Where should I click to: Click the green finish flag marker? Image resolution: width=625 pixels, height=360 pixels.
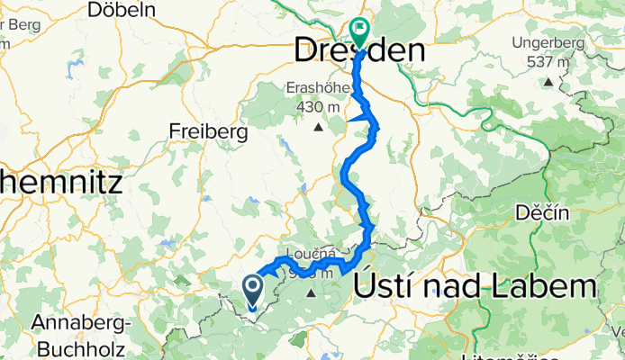click(x=359, y=31)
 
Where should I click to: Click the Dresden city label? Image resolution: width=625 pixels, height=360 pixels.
click(x=359, y=51)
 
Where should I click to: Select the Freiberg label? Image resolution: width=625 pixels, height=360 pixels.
click(x=208, y=131)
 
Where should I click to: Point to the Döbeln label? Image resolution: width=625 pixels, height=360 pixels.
click(x=122, y=10)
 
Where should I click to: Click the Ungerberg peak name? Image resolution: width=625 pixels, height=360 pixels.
click(x=548, y=43)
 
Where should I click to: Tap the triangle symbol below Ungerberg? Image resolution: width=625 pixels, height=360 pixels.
click(x=548, y=82)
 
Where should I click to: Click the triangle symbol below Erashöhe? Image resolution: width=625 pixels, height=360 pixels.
click(x=317, y=127)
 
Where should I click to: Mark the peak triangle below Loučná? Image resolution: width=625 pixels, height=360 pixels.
click(x=312, y=293)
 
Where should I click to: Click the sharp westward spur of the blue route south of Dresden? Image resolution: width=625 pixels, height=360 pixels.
click(x=349, y=120)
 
